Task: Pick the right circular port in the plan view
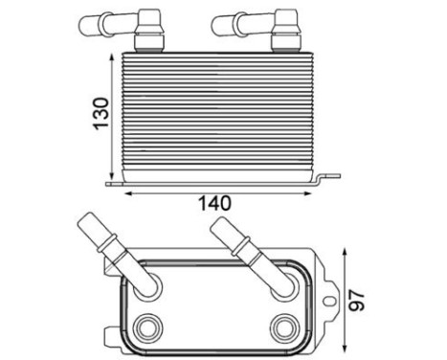[x=283, y=325]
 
